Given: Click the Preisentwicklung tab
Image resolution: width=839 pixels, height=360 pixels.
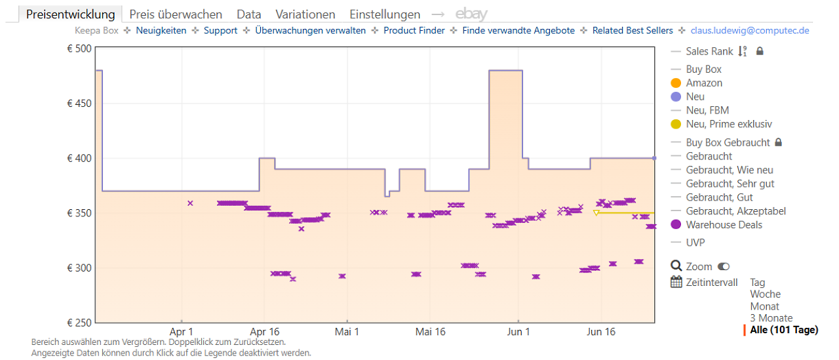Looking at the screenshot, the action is coord(70,14).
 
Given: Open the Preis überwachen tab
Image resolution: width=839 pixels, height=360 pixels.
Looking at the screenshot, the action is coord(176,14).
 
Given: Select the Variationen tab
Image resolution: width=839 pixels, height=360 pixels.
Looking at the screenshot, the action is coord(305,14).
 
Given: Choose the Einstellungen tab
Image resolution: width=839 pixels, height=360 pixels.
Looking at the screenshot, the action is coord(385,14).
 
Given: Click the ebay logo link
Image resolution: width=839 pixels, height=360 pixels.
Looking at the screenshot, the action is coord(471,14).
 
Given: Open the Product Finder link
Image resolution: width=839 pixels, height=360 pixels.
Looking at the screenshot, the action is coord(414,30).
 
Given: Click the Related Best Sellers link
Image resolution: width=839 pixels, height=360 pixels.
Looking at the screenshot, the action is coord(633,30).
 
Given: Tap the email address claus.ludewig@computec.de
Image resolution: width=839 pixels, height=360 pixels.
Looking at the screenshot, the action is coord(750,30).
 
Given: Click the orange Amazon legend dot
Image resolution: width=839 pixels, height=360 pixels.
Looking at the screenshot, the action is coord(676,83).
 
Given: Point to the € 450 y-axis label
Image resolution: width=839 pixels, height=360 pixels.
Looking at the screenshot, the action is coord(79,104).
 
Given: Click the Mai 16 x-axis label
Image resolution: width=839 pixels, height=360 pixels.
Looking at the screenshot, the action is coord(431,332).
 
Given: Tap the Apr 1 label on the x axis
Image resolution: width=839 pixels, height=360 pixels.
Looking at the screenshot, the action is coord(181,332).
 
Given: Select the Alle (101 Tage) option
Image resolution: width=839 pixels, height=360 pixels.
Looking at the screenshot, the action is coord(784,330).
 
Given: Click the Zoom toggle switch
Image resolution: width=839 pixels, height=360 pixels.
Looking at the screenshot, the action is coord(724,266).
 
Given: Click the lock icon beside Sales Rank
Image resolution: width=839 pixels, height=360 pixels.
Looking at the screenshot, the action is coord(760,51).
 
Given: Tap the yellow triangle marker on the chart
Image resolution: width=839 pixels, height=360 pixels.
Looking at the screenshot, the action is coord(596,212).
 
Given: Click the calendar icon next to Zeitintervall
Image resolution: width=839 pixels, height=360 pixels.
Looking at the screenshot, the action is coord(676,282).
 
